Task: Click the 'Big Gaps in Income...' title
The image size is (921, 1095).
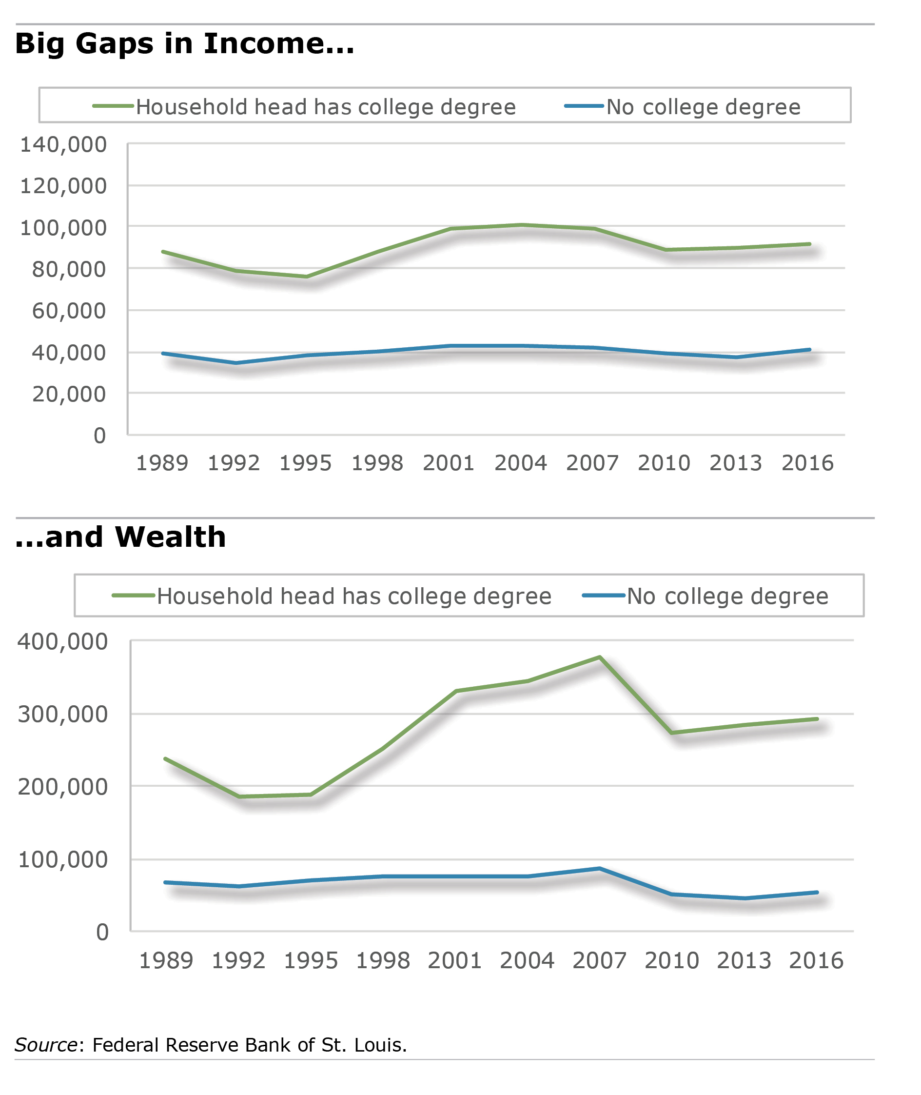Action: click(x=185, y=44)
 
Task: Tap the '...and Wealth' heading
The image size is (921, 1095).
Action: click(x=120, y=538)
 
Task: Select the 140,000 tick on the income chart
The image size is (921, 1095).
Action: click(x=63, y=145)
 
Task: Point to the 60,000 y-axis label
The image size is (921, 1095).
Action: click(x=69, y=311)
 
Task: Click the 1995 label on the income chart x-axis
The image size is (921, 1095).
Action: click(x=305, y=463)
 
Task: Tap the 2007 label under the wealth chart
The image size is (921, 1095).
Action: click(x=599, y=960)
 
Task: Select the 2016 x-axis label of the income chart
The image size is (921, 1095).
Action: click(x=807, y=463)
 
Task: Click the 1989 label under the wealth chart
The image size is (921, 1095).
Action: click(x=166, y=960)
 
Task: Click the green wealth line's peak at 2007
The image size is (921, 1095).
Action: click(x=600, y=657)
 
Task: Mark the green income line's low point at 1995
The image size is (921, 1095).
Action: click(x=307, y=277)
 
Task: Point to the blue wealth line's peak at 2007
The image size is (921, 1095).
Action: click(x=600, y=868)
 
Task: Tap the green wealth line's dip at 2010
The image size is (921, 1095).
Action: click(x=672, y=733)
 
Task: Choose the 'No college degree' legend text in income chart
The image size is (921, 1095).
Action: click(x=703, y=107)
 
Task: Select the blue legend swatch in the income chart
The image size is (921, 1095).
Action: click(x=584, y=106)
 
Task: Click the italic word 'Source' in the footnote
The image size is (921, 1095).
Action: click(x=46, y=1045)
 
